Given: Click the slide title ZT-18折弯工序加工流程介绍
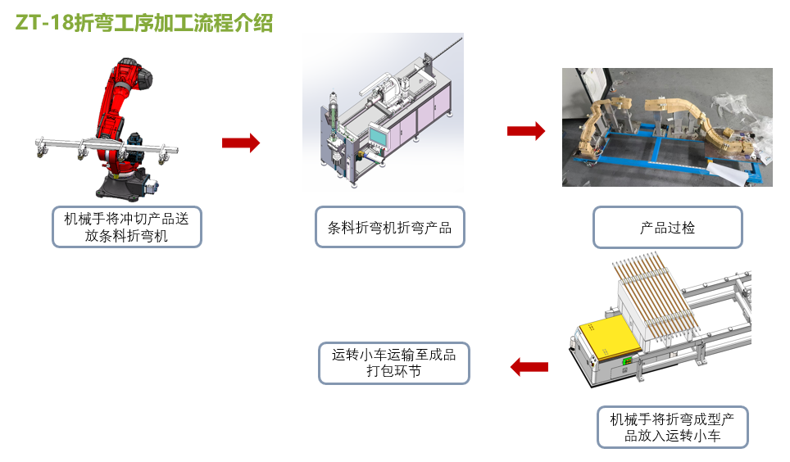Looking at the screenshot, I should [x=144, y=24].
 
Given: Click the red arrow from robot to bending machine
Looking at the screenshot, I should [x=240, y=143].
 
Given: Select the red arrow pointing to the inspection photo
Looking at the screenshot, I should [x=525, y=130].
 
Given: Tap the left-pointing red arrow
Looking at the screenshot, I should [x=529, y=367].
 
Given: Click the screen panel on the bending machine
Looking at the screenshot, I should [x=379, y=134].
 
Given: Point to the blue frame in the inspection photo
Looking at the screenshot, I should [x=656, y=152].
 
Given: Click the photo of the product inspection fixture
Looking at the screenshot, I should [x=667, y=127].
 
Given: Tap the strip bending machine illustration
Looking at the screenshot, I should [x=385, y=115].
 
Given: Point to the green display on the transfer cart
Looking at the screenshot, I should [x=627, y=361].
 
